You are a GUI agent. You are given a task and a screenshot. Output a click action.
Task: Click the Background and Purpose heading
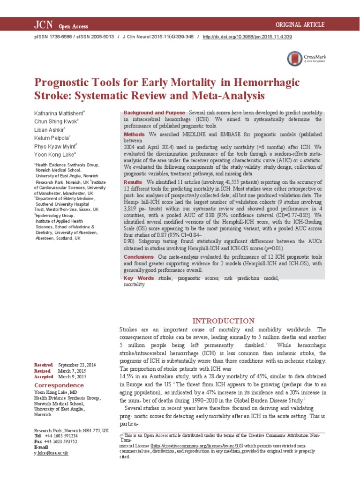(154, 113)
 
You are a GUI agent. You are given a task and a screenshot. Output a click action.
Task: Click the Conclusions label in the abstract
(139, 257)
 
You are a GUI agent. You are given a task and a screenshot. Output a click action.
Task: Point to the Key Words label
(139, 278)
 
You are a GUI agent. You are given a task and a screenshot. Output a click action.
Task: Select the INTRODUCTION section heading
(223, 321)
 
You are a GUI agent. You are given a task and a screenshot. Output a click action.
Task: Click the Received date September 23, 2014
(76, 365)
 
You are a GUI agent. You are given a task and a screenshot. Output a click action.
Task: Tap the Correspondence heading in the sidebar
(59, 385)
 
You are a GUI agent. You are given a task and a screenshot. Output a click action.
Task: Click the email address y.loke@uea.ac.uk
(52, 452)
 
